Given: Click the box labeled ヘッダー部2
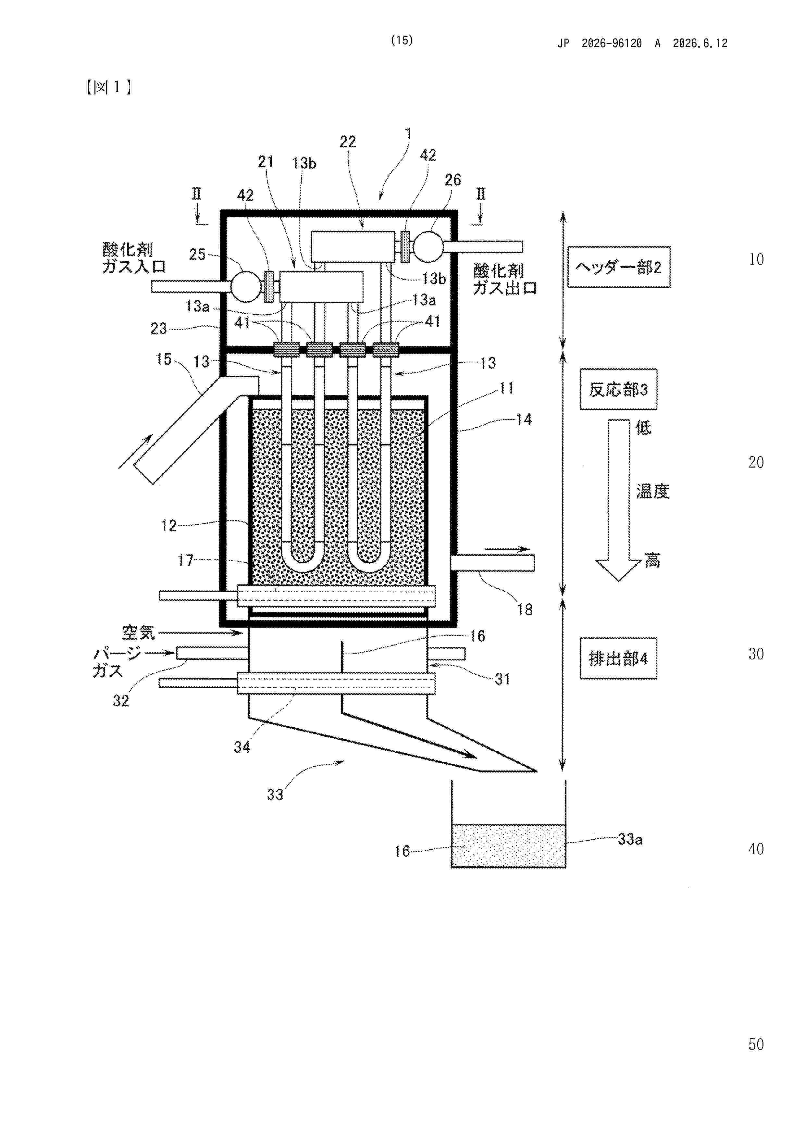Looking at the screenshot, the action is [x=618, y=267].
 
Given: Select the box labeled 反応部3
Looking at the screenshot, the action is [x=618, y=389].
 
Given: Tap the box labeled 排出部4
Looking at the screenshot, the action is [x=618, y=658].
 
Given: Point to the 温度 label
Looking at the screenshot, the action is [x=653, y=491].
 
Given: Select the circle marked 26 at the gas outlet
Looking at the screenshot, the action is [x=428, y=246].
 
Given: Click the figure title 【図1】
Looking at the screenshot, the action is [x=109, y=87].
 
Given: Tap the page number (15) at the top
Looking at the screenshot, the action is [x=402, y=40].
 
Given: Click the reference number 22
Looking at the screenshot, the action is [x=348, y=142].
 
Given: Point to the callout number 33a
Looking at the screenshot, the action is [x=630, y=839].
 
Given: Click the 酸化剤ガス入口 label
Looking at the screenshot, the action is [x=133, y=258].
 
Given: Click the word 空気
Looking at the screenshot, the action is [x=138, y=632].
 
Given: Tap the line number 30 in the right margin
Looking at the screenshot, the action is [x=756, y=654].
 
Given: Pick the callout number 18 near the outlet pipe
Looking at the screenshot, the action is [x=525, y=610].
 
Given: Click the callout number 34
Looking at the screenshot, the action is [x=242, y=746].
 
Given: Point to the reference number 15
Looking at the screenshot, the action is [x=164, y=359].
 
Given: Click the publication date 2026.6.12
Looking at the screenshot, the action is [x=700, y=43].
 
